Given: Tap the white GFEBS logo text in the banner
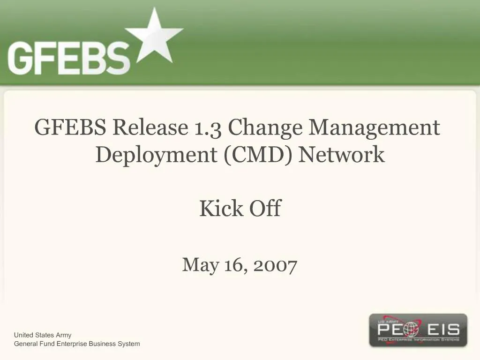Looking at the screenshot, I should tap(68, 57).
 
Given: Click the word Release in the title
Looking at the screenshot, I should tap(150, 127).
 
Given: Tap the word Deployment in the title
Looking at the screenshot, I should tap(157, 155).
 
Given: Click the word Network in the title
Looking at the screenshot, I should tap(342, 154).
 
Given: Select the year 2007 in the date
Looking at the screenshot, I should tap(275, 265).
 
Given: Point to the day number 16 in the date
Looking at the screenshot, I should tap(234, 265).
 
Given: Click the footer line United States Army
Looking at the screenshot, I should tap(43, 335).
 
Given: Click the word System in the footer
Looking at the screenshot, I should tap(129, 344).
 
